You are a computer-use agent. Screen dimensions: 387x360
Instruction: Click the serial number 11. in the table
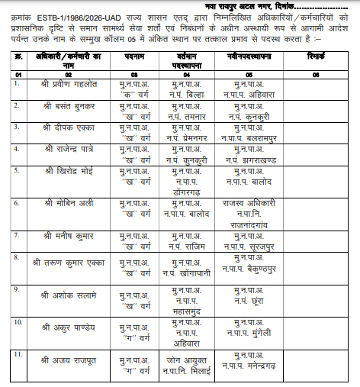pyautogui.click(x=18, y=355)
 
